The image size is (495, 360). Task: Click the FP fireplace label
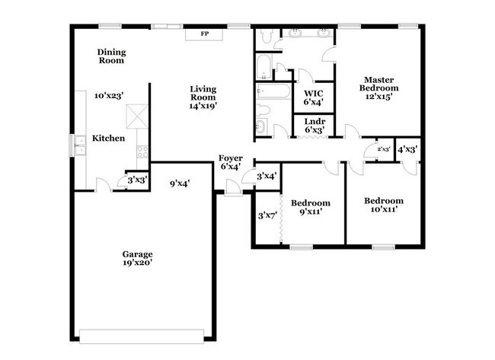click(x=204, y=34)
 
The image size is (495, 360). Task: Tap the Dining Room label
click(x=111, y=56)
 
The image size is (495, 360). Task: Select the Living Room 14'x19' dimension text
click(x=203, y=107)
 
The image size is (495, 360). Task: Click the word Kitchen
click(x=108, y=139)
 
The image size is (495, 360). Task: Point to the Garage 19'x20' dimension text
click(x=138, y=263)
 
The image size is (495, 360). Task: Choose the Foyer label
click(x=231, y=158)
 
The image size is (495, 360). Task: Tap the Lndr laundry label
click(x=315, y=120)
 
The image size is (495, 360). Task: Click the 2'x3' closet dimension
click(x=383, y=149)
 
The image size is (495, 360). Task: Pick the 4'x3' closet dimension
click(x=407, y=149)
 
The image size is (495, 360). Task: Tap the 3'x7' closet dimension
click(x=267, y=215)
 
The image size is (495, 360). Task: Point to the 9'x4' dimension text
click(x=180, y=183)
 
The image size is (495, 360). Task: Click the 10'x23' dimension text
click(x=109, y=97)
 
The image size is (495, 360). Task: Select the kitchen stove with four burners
click(x=142, y=151)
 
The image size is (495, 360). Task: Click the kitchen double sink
click(x=80, y=144)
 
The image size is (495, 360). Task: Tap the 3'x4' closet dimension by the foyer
click(x=266, y=177)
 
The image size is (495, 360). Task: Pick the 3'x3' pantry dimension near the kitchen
click(x=136, y=180)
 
